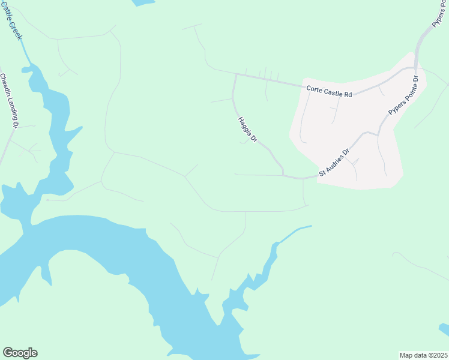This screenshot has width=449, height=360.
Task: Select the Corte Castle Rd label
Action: point(328,91)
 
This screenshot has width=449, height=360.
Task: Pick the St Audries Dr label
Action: point(334,163)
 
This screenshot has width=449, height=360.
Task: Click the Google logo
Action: point(20,353)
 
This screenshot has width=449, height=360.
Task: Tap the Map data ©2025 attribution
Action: point(423,355)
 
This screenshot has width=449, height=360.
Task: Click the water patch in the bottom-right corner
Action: point(444,329)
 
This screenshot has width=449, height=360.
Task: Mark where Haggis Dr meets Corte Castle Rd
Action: point(237,75)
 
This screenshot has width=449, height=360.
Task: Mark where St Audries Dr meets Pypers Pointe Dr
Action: point(378,134)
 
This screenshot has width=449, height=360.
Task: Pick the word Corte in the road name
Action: point(314,89)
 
